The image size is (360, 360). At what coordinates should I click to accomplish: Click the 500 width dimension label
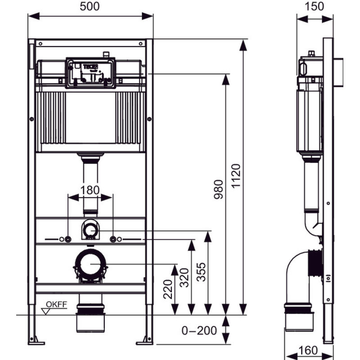point(90,6)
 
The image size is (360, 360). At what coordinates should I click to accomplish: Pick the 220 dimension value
point(168,290)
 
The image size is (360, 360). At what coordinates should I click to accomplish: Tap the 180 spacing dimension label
point(90,190)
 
